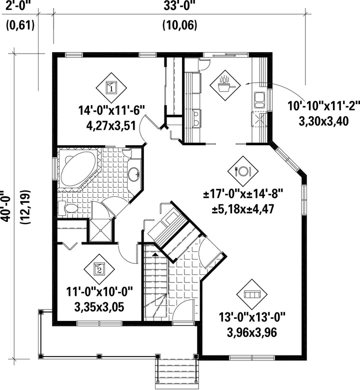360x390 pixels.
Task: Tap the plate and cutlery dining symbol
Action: (x=243, y=171)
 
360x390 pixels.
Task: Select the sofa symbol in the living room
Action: (x=252, y=294)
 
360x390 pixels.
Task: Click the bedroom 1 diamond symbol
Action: (x=111, y=88)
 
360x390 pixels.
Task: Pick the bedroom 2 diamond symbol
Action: (x=99, y=269)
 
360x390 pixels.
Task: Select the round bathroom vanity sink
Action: (x=134, y=174)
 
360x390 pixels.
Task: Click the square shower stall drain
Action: (x=100, y=231)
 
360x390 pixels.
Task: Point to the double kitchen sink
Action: (x=259, y=100)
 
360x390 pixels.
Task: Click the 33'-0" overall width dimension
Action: (x=179, y=7)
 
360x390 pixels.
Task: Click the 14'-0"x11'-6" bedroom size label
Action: (x=111, y=110)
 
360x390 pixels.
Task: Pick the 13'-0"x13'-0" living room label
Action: (x=252, y=317)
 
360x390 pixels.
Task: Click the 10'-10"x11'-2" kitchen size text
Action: (x=323, y=106)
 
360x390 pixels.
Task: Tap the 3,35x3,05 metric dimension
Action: (x=99, y=307)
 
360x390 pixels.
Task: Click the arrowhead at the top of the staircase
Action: (x=155, y=254)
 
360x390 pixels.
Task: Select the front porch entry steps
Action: (x=177, y=371)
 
